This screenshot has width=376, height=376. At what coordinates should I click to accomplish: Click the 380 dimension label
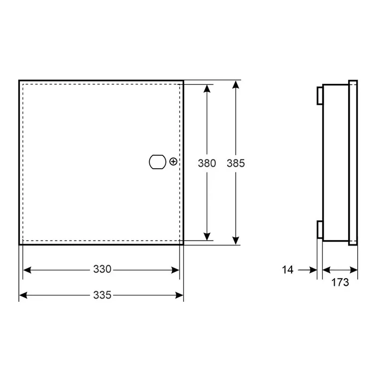point(207,163)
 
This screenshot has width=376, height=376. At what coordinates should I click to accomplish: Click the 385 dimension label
point(236,163)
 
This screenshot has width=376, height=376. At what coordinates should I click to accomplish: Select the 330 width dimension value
point(103,269)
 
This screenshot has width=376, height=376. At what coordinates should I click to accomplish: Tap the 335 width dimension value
point(103,295)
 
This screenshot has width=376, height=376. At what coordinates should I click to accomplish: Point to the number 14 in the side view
point(287,270)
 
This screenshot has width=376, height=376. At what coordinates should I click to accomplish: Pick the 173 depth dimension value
point(340,283)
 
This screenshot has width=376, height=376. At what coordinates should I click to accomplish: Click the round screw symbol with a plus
point(173,162)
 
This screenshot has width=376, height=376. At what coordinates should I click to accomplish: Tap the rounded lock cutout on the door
point(157,162)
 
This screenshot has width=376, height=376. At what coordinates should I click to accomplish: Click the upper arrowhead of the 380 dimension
point(207,89)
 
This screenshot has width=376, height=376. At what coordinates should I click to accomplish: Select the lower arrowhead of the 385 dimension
point(236,241)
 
